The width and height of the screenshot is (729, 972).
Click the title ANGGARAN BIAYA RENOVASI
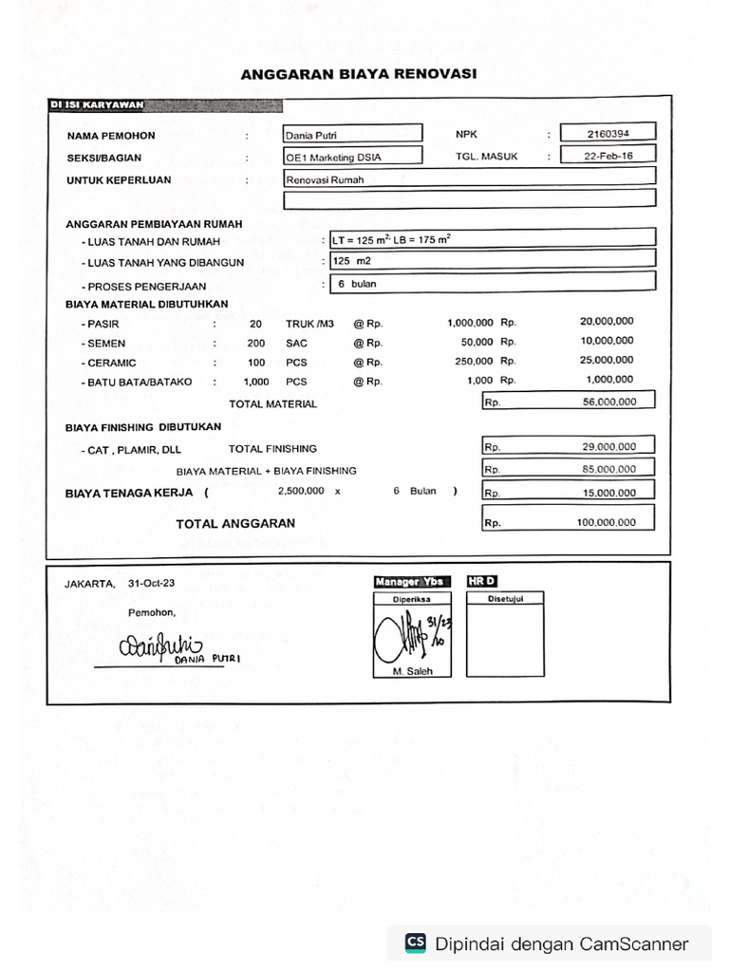[x=358, y=73]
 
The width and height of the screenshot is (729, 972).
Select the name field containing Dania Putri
[x=352, y=135]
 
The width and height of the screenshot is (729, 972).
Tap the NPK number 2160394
[x=607, y=134]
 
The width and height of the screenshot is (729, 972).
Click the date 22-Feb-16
[x=607, y=156]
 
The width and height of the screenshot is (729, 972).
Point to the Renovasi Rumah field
[x=470, y=178]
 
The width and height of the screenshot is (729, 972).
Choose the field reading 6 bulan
[x=490, y=283]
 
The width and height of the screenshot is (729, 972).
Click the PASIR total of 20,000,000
[x=607, y=322]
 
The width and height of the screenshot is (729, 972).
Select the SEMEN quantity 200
[x=256, y=343]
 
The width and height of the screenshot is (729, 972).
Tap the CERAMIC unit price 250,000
[x=474, y=362]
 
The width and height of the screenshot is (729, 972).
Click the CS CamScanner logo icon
[x=416, y=943]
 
